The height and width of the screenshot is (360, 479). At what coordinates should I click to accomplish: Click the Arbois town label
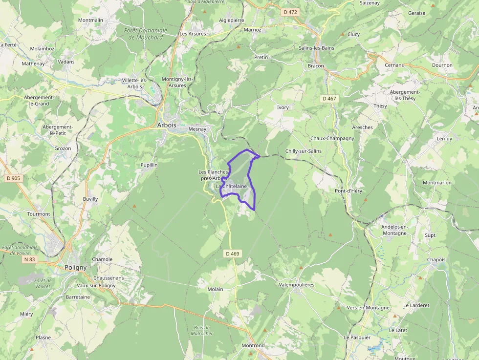point(167,125)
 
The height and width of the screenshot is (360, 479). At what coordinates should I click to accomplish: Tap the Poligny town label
point(75,267)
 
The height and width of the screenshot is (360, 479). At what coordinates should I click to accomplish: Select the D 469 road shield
point(233,254)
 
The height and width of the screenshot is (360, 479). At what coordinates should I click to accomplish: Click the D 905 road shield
point(14,178)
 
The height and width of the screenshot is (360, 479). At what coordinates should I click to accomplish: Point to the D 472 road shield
point(291,12)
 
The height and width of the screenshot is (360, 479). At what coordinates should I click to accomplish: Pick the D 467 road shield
point(329,99)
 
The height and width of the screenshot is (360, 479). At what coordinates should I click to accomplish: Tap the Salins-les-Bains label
point(316,48)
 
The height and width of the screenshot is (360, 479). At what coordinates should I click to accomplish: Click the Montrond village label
point(253,345)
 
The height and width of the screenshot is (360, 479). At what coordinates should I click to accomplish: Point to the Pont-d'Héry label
point(348,191)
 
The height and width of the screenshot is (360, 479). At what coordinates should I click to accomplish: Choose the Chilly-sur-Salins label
point(304,151)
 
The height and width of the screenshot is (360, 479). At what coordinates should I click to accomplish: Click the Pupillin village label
point(149,165)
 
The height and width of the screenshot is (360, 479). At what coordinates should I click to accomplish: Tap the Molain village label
point(215,289)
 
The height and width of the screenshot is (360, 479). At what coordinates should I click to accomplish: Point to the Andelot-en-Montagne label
point(394,230)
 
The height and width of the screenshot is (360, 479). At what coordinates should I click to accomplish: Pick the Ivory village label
point(283,107)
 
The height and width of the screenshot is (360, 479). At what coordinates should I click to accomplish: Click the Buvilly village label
point(90,199)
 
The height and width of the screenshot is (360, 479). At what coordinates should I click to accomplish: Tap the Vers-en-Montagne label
point(368,308)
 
